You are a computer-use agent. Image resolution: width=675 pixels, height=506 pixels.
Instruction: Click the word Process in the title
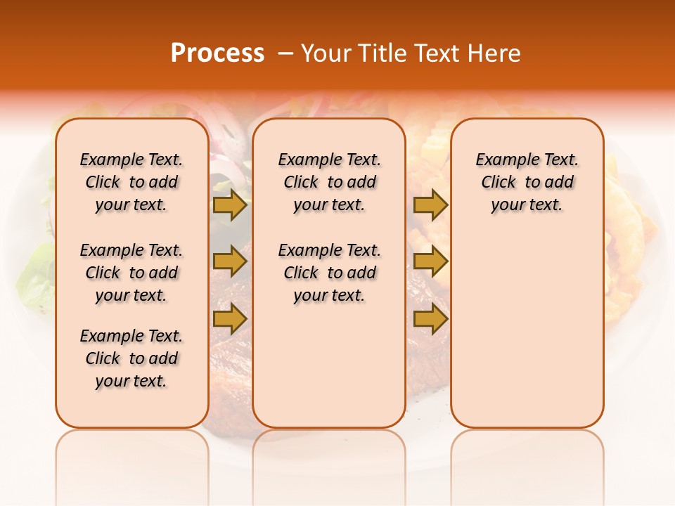[217, 53]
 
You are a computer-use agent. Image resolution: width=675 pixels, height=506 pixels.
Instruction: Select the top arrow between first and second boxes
[230, 205]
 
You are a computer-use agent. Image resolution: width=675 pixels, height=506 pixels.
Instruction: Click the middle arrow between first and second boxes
[230, 262]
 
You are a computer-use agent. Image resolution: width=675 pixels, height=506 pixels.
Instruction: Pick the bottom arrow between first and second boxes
[230, 318]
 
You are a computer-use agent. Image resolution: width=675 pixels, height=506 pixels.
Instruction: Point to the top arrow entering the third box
[430, 205]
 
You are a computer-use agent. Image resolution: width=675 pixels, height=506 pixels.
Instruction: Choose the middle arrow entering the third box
[430, 262]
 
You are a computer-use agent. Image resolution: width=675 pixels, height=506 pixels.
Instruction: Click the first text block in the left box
[131, 182]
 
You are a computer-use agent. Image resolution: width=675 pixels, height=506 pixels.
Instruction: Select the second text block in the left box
[131, 273]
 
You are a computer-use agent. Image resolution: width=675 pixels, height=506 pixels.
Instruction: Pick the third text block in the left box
[131, 358]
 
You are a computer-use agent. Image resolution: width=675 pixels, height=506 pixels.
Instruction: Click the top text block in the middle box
[329, 182]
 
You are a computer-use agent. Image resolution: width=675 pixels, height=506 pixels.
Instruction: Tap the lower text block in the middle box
[329, 273]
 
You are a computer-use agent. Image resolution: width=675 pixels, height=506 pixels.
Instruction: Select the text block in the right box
[527, 182]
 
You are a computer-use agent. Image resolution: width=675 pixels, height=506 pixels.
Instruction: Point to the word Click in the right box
[499, 183]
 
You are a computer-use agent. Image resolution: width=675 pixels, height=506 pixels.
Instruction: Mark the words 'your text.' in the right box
[527, 205]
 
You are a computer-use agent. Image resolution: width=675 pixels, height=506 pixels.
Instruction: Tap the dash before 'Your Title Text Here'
[285, 53]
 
